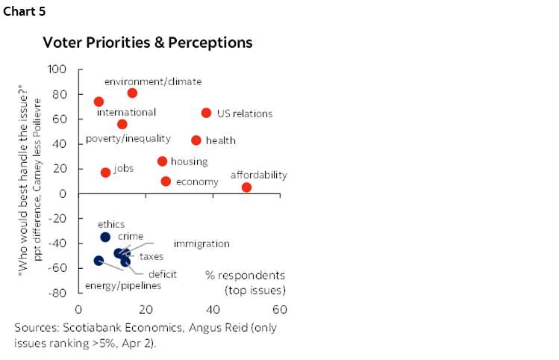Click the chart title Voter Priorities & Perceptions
[147, 43]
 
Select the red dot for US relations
[207, 113]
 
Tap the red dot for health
[196, 140]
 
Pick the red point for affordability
[247, 187]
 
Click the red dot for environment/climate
[132, 93]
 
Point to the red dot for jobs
[105, 173]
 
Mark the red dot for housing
[162, 161]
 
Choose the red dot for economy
[166, 181]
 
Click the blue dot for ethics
[105, 237]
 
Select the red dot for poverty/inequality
[122, 124]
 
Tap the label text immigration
[202, 243]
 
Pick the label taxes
[152, 257]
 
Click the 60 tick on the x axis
[280, 309]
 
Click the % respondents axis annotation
[246, 275]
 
